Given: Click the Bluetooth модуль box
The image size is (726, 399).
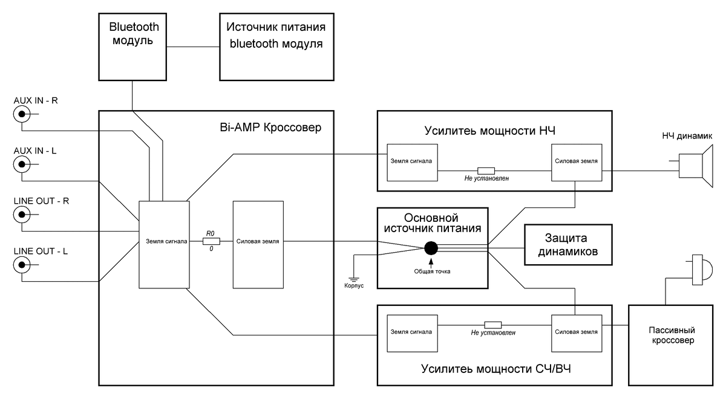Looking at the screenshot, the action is coord(134,47).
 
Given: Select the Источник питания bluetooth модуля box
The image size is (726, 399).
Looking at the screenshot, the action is coord(276,47).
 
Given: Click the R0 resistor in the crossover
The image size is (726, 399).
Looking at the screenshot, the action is coord(211,241).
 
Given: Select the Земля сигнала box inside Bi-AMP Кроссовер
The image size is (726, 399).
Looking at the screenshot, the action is coord(163,244).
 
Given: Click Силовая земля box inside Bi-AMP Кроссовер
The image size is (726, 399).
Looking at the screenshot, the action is coord(258,241).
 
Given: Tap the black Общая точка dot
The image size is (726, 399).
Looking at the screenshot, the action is coord(431,248).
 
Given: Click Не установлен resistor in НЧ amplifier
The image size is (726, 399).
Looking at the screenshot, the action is coord(486,170).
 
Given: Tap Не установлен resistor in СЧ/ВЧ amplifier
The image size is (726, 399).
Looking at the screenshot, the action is coord(493,324).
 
